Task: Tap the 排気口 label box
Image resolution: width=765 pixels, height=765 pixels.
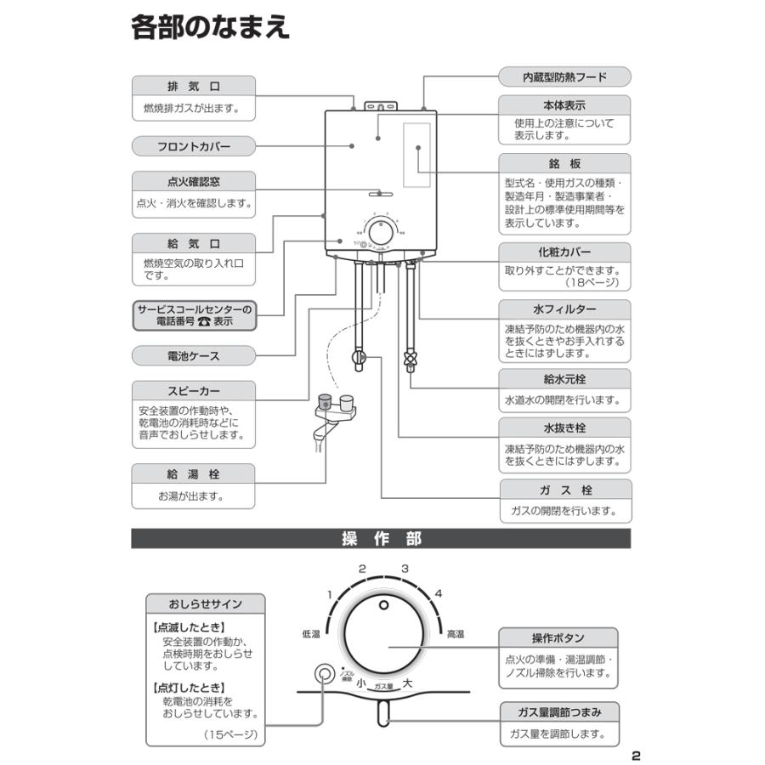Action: (x=194, y=87)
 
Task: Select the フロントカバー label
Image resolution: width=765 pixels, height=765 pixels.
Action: (x=194, y=146)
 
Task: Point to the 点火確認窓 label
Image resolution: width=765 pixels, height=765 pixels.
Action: (x=194, y=182)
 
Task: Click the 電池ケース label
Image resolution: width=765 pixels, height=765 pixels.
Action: (x=194, y=355)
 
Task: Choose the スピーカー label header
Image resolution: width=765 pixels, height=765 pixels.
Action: (x=194, y=391)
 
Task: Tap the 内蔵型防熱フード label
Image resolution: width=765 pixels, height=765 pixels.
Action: (x=564, y=77)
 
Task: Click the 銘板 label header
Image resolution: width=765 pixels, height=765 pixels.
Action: (x=564, y=164)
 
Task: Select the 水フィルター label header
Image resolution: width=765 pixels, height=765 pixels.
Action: (x=564, y=309)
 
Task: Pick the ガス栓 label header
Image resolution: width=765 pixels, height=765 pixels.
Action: (x=564, y=490)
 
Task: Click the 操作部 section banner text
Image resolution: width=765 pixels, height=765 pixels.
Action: (x=381, y=539)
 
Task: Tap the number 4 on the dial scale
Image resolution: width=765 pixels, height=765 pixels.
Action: (x=439, y=593)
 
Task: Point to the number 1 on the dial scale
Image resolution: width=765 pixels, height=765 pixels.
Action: (x=329, y=595)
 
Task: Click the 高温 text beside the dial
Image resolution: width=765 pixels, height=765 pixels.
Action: (x=455, y=634)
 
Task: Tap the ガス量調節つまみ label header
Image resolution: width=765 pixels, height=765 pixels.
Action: (x=558, y=712)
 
